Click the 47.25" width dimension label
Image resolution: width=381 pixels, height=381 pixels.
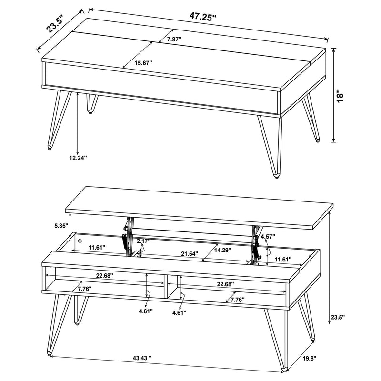(x=203, y=17)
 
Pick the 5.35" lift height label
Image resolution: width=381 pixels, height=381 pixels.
(x=61, y=225)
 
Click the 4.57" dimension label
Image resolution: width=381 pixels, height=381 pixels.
(x=269, y=236)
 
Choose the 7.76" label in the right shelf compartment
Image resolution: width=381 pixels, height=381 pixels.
(x=238, y=300)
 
